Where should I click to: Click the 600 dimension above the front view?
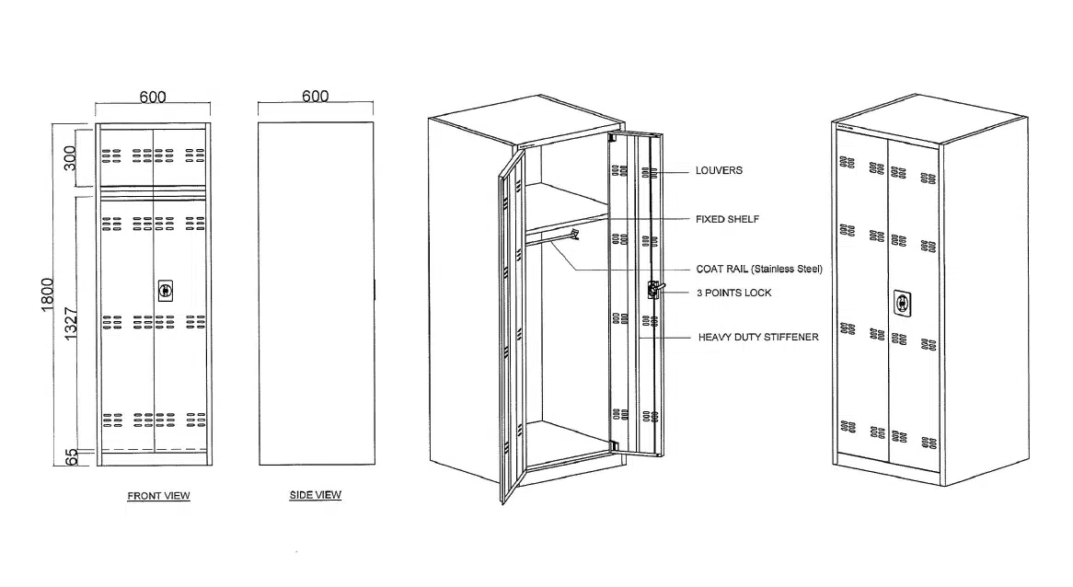click(153, 98)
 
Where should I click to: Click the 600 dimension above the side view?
click(316, 97)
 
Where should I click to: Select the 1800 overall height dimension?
click(47, 294)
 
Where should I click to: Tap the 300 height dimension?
click(70, 159)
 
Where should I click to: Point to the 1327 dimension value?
click(71, 324)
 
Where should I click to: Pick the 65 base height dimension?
click(71, 457)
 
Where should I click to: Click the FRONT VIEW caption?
click(159, 496)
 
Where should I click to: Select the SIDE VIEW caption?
click(316, 495)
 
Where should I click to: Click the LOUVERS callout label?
click(720, 170)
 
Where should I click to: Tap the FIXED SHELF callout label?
click(727, 219)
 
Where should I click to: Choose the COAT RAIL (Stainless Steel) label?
click(759, 269)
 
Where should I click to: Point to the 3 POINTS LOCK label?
click(734, 293)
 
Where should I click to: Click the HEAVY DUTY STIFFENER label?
click(758, 337)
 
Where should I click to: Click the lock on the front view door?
click(165, 291)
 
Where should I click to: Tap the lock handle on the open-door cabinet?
click(655, 290)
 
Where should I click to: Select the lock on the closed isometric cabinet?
click(903, 303)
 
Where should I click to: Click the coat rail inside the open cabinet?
click(552, 237)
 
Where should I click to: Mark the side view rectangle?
click(317, 294)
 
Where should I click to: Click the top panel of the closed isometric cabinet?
click(930, 118)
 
